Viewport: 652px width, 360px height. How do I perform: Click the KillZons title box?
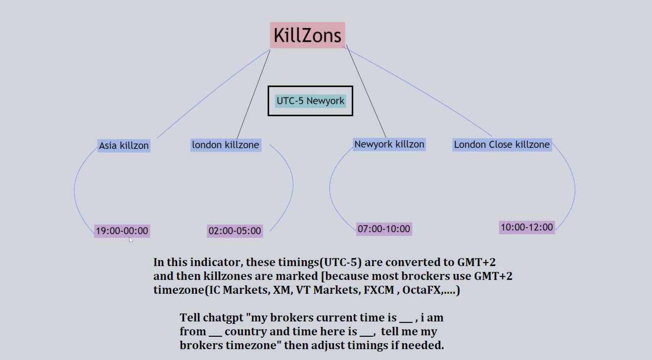307,35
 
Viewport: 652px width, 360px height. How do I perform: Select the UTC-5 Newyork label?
311,101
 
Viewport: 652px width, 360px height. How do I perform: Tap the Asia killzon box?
124,145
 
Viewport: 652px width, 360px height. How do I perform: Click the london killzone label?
226,145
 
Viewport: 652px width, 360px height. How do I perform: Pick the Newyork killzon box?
389,144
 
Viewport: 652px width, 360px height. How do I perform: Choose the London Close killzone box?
502,144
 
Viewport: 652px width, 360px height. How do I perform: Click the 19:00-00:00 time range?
122,231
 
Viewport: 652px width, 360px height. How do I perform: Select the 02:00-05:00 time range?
235,231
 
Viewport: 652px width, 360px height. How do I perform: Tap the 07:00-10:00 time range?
384,229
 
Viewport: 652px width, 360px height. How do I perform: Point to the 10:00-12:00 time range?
527,227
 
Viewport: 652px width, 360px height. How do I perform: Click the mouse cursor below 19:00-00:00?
131,240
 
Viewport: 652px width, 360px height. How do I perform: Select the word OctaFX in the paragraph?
421,290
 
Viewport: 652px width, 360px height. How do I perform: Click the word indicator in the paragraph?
217,262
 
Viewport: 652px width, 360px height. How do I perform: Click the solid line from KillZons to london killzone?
253,94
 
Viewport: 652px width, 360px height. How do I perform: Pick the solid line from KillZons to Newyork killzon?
366,91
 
